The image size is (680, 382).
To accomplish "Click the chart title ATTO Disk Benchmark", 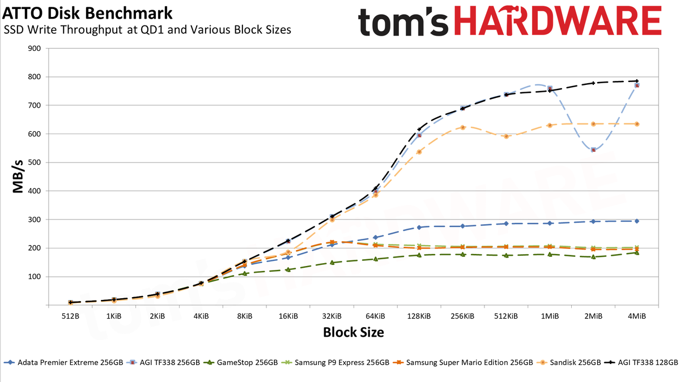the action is coord(87,14).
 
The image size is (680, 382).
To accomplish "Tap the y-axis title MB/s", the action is coord(18,177).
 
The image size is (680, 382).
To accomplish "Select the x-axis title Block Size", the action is coord(354,332).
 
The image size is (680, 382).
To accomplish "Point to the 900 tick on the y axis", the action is coord(35,49).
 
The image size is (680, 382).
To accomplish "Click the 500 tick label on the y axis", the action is coord(35,162).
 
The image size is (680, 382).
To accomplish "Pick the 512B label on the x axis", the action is coord(70,316).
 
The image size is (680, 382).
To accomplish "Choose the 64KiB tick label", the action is coord(376,316).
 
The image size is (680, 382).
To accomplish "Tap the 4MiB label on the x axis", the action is coord(637,316).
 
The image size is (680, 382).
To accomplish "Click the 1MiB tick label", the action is coord(550,316).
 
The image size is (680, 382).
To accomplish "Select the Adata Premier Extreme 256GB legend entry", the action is coord(63,363).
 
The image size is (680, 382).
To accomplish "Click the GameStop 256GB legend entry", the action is coord(240,363).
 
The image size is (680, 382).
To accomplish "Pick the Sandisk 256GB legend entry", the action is coord(569,363).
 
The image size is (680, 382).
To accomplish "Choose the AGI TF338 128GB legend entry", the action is coord(641,363).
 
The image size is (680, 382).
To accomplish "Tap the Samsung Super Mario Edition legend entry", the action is coord(463,363).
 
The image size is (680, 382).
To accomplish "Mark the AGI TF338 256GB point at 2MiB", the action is coord(593,150).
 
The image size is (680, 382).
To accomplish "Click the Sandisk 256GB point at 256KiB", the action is coord(462,128).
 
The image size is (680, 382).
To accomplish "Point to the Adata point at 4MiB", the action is coord(637,221).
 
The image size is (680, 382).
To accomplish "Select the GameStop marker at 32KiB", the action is coord(332,263).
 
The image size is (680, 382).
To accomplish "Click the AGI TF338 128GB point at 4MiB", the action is coord(637,81).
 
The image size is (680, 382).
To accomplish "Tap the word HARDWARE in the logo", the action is coord(558,20).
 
